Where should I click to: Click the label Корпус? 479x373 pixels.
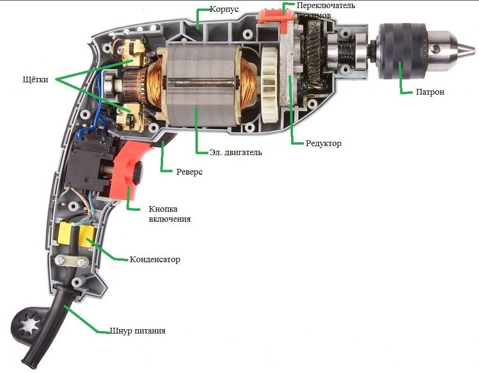point(224,9)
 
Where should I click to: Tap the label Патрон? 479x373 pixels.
point(430,92)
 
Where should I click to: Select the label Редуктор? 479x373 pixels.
point(323,143)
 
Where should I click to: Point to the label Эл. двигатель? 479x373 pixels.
point(235,153)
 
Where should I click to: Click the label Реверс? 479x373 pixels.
point(190,172)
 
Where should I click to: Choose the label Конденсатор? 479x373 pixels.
point(155,260)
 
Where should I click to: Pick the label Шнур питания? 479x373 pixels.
point(137,331)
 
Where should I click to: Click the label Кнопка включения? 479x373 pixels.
point(170,214)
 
